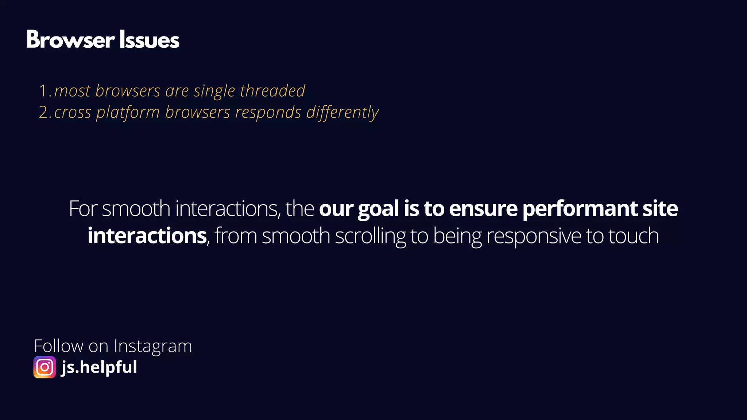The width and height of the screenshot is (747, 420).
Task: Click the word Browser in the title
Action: coord(71,40)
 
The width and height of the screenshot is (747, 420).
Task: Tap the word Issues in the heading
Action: coord(149,40)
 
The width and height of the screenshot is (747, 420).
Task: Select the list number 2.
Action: coord(43,113)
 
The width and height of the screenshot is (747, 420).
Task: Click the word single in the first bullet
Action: coord(214,91)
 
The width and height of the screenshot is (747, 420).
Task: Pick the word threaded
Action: coord(272,91)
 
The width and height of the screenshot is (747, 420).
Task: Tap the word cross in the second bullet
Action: coord(73,113)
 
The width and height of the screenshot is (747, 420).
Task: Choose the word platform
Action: coord(128,113)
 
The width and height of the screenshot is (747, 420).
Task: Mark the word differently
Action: coord(342,113)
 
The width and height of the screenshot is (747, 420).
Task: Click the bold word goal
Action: coord(378,209)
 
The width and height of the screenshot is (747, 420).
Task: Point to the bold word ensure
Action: coord(483,209)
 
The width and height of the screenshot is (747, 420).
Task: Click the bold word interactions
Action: coord(147,236)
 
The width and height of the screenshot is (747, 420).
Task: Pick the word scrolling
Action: coord(370,236)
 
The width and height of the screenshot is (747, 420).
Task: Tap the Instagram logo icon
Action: coord(44,367)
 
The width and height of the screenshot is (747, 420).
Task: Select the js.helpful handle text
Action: coord(99,367)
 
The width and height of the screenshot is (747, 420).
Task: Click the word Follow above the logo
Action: coord(58,346)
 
